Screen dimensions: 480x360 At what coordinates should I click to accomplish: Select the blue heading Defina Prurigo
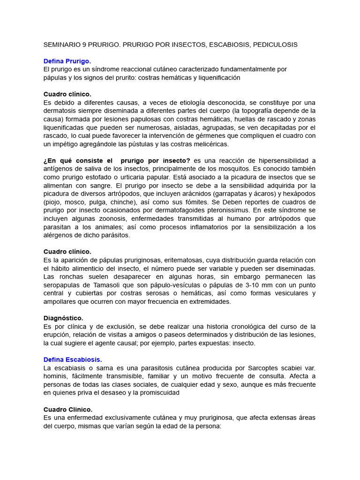tap(67, 61)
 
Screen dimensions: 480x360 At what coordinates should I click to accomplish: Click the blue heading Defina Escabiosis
tap(72, 360)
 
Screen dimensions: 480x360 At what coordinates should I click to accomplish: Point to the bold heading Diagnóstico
tap(63, 318)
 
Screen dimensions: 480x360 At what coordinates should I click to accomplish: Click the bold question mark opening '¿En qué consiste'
tap(45, 161)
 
